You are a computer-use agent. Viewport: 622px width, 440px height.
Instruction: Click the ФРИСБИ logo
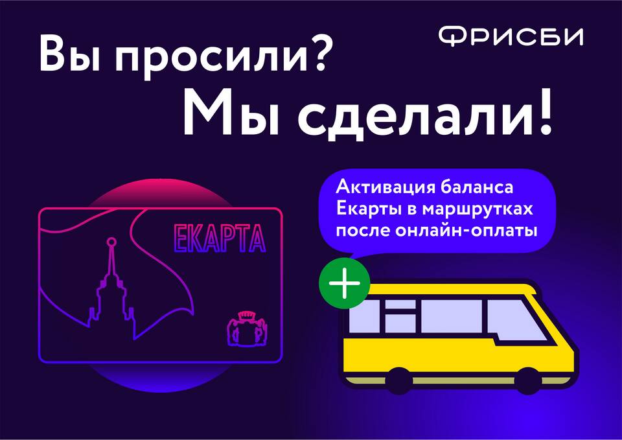click(x=511, y=36)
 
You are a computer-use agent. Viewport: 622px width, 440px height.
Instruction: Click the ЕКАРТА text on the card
click(x=220, y=238)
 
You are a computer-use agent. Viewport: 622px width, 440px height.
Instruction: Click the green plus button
click(x=344, y=283)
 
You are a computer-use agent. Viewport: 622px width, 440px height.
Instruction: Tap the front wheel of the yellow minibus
click(x=528, y=381)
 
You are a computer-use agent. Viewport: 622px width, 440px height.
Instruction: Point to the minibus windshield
click(x=518, y=319)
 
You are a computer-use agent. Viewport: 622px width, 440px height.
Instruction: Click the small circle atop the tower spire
click(x=112, y=242)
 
